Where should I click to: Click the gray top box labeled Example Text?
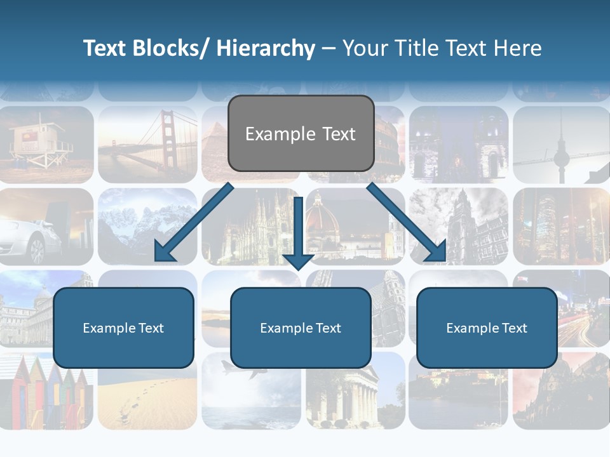[301, 133]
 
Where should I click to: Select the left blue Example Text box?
[123, 328]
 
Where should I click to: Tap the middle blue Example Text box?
[301, 328]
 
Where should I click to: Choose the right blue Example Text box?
[487, 328]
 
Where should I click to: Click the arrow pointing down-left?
[191, 225]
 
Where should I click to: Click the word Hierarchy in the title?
[266, 48]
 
